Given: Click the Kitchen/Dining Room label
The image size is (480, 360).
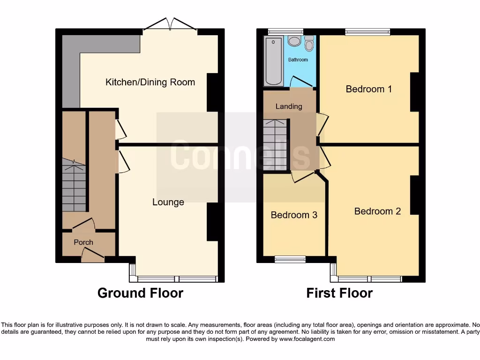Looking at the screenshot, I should pyautogui.click(x=150, y=82).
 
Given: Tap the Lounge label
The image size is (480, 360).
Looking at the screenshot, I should pyautogui.click(x=168, y=202).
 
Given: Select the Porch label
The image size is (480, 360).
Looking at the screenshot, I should pyautogui.click(x=83, y=242).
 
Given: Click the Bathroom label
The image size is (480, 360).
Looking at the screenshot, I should pyautogui.click(x=298, y=60).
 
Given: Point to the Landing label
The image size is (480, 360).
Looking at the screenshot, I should pyautogui.click(x=289, y=106).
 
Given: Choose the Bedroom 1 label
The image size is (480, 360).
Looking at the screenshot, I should pyautogui.click(x=368, y=89).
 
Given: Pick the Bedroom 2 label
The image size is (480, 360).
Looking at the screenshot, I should pyautogui.click(x=377, y=211).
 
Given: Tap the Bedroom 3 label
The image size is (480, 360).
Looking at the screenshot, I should pyautogui.click(x=294, y=215).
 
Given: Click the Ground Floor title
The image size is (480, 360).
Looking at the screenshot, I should pyautogui.click(x=140, y=293).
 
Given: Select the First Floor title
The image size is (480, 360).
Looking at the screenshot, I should pyautogui.click(x=339, y=293).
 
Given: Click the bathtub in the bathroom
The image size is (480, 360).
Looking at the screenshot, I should pyautogui.click(x=274, y=61).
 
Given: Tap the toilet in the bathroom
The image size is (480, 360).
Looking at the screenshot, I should pyautogui.click(x=309, y=44).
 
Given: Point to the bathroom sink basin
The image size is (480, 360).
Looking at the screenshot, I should pyautogui.click(x=294, y=41).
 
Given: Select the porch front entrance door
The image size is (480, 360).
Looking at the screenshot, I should pyautogui.click(x=92, y=254).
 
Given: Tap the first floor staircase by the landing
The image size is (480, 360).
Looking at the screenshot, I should pyautogui.click(x=275, y=145).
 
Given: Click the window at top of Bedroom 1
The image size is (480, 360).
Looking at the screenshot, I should pyautogui.click(x=367, y=32).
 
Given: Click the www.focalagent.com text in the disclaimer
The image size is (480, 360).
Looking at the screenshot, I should pyautogui.click(x=307, y=339).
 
